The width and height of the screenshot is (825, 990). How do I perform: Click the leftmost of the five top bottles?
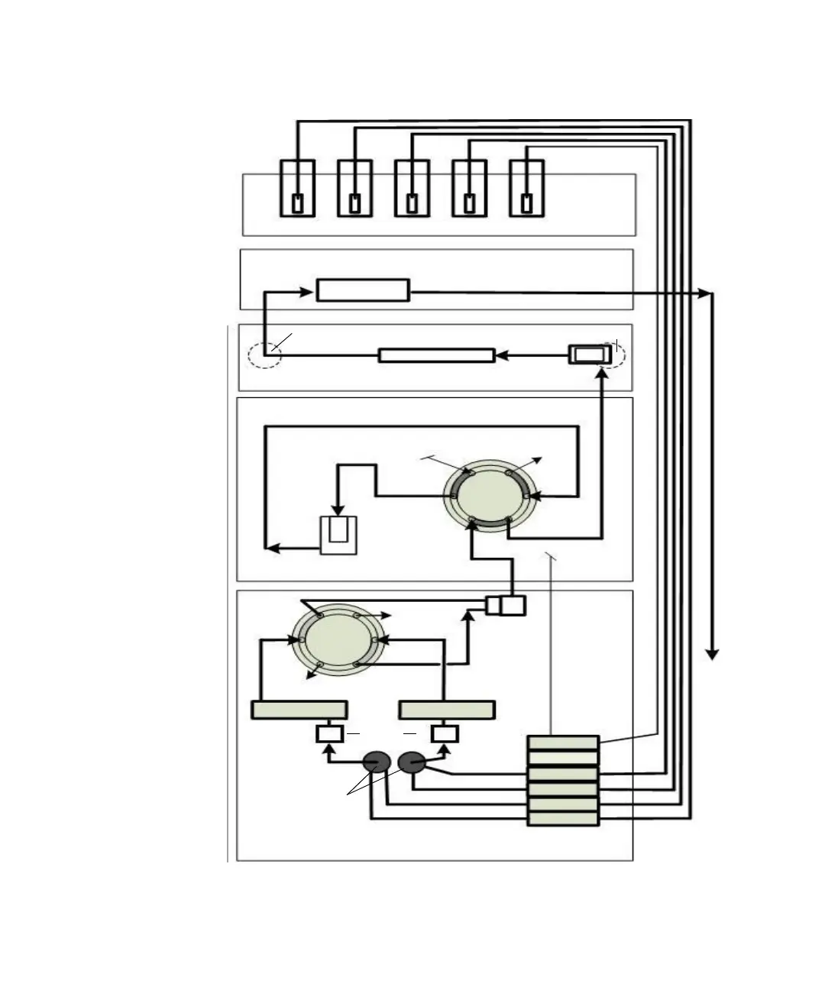[297, 188]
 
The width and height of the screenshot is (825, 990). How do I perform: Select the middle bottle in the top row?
[412, 188]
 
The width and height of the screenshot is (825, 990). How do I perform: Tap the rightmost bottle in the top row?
[526, 188]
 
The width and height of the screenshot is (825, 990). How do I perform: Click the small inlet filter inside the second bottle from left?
[354, 203]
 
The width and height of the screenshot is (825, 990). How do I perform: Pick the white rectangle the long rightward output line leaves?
[363, 290]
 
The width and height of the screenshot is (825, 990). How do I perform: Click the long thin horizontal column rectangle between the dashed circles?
[436, 355]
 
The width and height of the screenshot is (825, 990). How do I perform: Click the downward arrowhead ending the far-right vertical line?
[712, 654]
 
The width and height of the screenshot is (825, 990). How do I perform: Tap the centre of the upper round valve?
[489, 497]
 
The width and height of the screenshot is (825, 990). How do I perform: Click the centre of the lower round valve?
[338, 640]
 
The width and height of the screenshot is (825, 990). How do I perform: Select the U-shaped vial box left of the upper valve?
[338, 535]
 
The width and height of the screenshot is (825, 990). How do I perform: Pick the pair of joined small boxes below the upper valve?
[506, 606]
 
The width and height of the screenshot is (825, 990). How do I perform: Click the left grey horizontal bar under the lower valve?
[299, 710]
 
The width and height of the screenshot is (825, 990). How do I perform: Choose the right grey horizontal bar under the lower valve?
[447, 710]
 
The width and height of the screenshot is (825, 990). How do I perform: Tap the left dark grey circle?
[376, 762]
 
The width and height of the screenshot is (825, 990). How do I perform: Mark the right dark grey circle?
[412, 762]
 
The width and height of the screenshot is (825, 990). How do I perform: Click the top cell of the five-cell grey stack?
[563, 742]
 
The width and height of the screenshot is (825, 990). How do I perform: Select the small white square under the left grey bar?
[329, 734]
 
